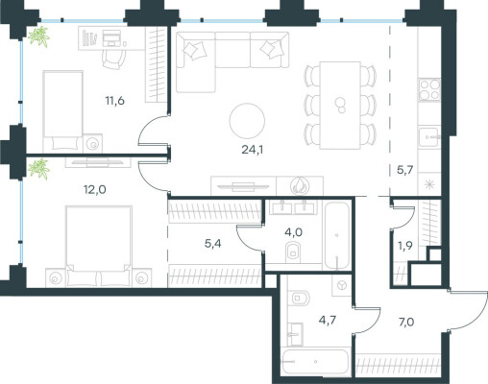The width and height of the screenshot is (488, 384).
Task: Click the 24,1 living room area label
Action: [253, 150]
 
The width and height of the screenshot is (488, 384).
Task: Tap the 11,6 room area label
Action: [115, 101]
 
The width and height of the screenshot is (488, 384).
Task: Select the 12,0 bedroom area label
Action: [95, 190]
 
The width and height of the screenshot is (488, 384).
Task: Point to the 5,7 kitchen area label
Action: [405, 170]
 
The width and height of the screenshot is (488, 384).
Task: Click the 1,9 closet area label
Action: [405, 246]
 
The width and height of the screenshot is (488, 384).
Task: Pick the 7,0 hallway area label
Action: [406, 322]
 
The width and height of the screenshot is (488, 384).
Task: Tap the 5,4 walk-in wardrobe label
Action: [212, 244]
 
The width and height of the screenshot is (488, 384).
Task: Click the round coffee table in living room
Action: [247, 121]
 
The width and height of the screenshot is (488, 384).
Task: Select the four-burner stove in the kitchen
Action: [429, 89]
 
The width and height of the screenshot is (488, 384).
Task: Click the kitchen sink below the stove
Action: [429, 137]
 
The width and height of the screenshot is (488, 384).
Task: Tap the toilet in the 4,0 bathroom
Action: [293, 251]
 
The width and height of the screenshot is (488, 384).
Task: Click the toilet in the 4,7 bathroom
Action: [299, 299]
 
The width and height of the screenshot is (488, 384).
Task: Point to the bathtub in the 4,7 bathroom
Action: [315, 362]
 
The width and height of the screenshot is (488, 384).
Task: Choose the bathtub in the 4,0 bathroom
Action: [337, 235]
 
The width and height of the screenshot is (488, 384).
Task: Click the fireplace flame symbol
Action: [300, 185]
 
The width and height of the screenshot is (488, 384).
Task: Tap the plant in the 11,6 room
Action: [39, 36]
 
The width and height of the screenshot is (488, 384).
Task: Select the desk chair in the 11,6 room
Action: [113, 60]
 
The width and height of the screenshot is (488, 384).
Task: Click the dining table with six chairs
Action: [340, 106]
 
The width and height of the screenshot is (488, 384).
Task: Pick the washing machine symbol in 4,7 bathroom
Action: [342, 285]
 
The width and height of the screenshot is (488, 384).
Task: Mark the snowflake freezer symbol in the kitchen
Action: [428, 184]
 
